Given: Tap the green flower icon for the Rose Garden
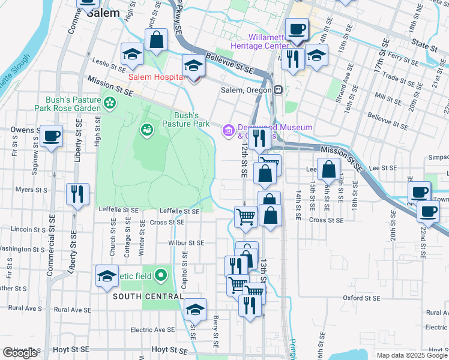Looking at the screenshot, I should (x=110, y=104).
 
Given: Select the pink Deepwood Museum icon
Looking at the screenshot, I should (x=228, y=130).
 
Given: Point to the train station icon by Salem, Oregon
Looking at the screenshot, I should (x=279, y=90).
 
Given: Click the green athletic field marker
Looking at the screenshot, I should (x=160, y=276).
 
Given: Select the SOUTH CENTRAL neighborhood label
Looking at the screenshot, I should (x=148, y=296).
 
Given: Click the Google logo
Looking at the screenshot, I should (x=20, y=353).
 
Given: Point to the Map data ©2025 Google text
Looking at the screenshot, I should (x=411, y=355).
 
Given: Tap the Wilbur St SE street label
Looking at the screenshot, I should (x=187, y=243).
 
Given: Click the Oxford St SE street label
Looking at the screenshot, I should (x=362, y=298).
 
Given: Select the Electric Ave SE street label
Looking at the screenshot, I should (x=152, y=329).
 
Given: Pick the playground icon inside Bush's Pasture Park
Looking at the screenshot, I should (x=146, y=129).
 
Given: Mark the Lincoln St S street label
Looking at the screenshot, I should (x=20, y=229).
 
